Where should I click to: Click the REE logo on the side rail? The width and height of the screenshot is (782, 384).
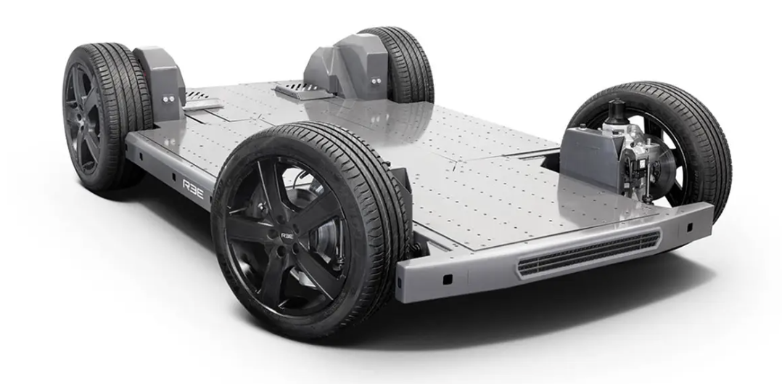coord(193,189)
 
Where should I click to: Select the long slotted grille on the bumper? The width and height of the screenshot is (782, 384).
coord(589,253)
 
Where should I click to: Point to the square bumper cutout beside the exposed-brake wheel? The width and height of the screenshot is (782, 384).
coord(690,227)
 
